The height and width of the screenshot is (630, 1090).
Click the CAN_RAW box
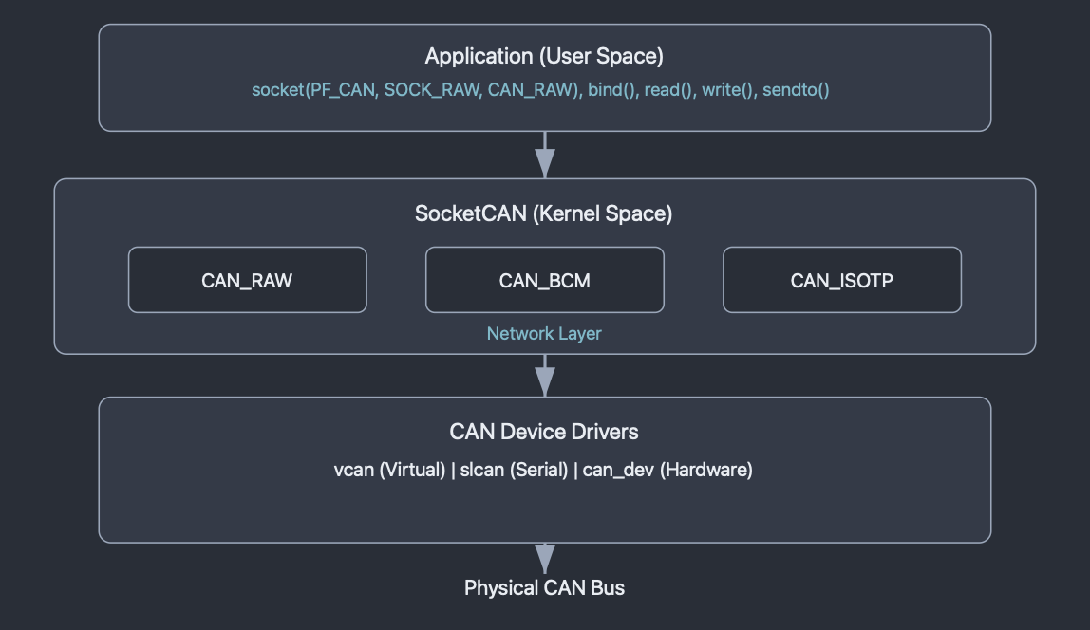(248, 280)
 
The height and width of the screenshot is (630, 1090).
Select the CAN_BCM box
(545, 280)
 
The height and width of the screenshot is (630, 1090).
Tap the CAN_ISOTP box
(842, 280)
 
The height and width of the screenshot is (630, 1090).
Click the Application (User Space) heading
(544, 56)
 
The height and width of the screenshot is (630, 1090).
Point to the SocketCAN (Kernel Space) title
(544, 213)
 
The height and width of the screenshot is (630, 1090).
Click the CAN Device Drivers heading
(544, 432)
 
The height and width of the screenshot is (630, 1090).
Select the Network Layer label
(544, 333)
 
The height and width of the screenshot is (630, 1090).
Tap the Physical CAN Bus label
(544, 587)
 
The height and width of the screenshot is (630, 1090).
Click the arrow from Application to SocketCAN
(545, 155)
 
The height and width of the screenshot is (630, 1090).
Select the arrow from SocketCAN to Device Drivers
(545, 376)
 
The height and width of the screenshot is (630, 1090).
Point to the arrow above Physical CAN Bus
(545, 559)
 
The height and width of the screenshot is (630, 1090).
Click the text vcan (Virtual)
(389, 470)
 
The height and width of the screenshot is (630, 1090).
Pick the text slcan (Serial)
(514, 470)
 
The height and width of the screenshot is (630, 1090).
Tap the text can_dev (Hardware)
(667, 470)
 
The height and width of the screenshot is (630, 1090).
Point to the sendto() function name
(796, 89)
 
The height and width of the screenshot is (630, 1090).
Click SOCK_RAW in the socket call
(433, 89)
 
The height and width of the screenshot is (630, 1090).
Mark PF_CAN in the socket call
(344, 89)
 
